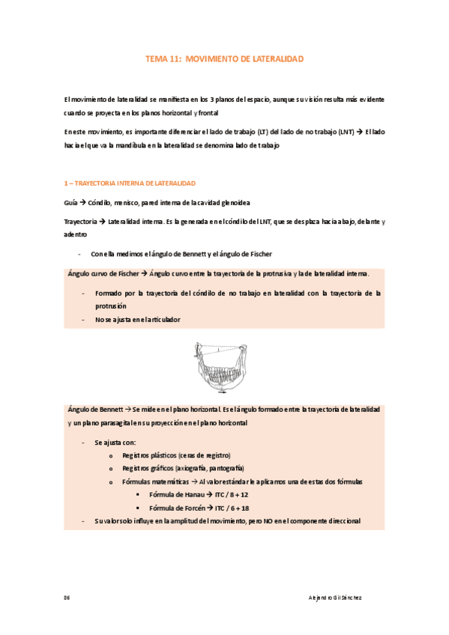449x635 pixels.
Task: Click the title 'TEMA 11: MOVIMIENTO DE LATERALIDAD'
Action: pyautogui.click(x=224, y=58)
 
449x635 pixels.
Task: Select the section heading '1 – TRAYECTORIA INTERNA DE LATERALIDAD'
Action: pyautogui.click(x=130, y=183)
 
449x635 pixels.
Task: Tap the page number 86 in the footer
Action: pyautogui.click(x=67, y=598)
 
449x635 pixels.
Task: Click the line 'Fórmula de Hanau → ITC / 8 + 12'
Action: pyautogui.click(x=199, y=495)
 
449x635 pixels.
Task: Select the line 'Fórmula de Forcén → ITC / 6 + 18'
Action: pyautogui.click(x=200, y=508)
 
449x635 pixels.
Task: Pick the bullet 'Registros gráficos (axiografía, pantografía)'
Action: pyautogui.click(x=182, y=468)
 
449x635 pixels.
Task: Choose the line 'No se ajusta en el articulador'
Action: pyautogui.click(x=137, y=320)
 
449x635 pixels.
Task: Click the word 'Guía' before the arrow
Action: pyautogui.click(x=71, y=203)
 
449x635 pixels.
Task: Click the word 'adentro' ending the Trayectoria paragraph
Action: pyautogui.click(x=76, y=234)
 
